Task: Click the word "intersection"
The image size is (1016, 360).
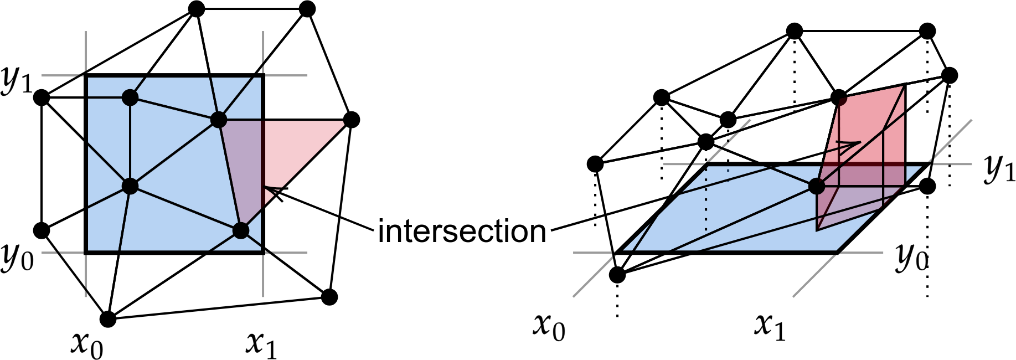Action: click(462, 232)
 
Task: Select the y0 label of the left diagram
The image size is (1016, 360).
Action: click(17, 258)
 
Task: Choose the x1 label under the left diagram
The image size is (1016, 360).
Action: click(261, 344)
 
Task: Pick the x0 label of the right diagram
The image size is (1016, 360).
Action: click(549, 327)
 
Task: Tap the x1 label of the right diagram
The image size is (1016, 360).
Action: click(770, 327)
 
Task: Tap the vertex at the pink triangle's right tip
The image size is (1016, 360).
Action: click(351, 120)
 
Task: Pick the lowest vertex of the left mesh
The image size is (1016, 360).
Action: click(107, 319)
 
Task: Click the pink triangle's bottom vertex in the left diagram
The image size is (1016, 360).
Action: click(240, 230)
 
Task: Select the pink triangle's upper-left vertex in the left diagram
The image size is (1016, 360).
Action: click(219, 120)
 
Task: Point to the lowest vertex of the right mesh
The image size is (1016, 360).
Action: click(617, 275)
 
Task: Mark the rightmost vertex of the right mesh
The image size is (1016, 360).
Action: click(949, 75)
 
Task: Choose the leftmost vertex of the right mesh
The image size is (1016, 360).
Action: click(595, 164)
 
